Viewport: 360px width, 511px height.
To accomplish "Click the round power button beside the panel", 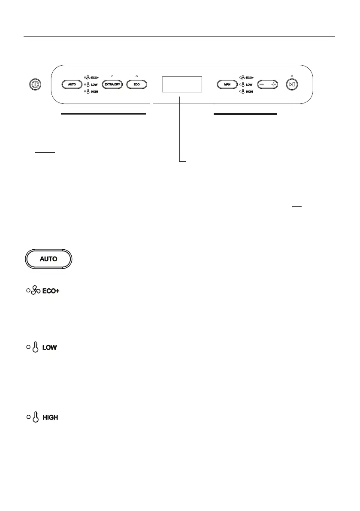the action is point(34,85).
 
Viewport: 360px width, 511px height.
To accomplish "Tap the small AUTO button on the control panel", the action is point(72,85).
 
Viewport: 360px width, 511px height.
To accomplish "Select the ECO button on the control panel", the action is point(136,85).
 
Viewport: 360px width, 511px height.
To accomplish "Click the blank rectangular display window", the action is point(182,84).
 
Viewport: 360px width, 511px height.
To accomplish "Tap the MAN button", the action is point(227,85).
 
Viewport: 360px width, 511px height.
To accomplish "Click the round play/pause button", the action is point(292,85).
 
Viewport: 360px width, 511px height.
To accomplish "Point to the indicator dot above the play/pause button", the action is point(292,76).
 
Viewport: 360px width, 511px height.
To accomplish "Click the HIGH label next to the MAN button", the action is point(249,92).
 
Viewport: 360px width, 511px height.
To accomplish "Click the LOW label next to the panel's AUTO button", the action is point(94,85).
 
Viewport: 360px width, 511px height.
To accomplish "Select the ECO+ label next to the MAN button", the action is point(250,78).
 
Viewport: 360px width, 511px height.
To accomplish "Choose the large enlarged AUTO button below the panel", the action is point(48,259).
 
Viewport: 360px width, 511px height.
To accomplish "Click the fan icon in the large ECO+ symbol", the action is point(36,291).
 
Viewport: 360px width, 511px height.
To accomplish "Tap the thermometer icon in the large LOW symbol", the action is point(36,348).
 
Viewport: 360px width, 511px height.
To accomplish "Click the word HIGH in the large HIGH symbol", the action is point(51,417).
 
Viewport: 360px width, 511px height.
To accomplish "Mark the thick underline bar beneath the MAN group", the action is point(245,115).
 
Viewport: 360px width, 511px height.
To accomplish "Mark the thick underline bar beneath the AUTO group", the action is point(103,114).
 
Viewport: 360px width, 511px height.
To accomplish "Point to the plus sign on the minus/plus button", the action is point(273,85).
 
